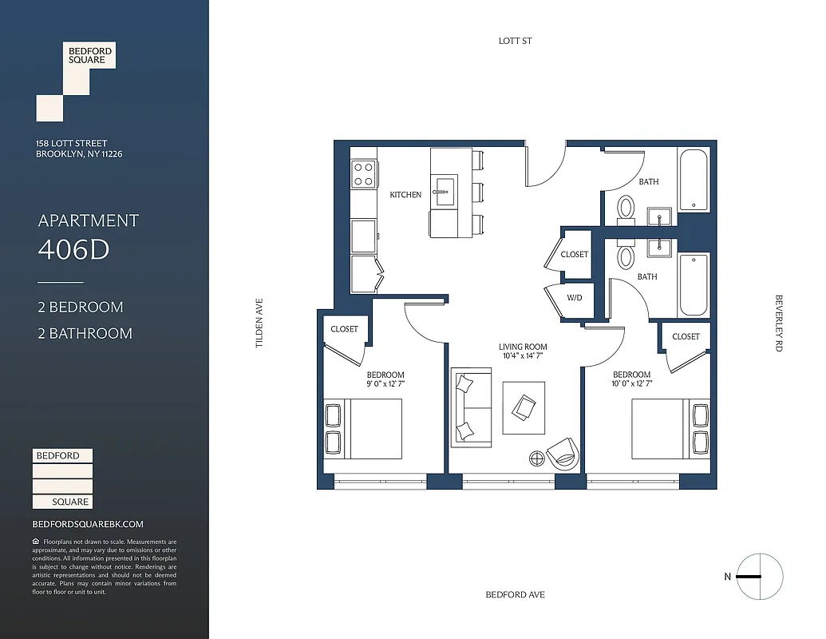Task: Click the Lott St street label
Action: point(515,41)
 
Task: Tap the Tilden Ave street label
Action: point(259,323)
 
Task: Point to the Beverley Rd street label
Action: point(778,323)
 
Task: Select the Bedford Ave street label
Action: point(515,594)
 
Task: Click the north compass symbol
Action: point(759,577)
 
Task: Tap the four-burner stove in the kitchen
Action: point(364,174)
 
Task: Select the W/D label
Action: point(575,299)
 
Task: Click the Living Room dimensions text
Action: point(523,357)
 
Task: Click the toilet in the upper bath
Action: point(626,209)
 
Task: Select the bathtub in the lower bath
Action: point(694,284)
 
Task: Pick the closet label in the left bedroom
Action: point(345,329)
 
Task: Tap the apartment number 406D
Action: point(73,250)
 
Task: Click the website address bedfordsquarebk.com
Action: point(88,524)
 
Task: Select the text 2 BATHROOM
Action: point(85,333)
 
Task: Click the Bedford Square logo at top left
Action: point(76,81)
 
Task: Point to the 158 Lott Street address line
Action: point(72,144)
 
